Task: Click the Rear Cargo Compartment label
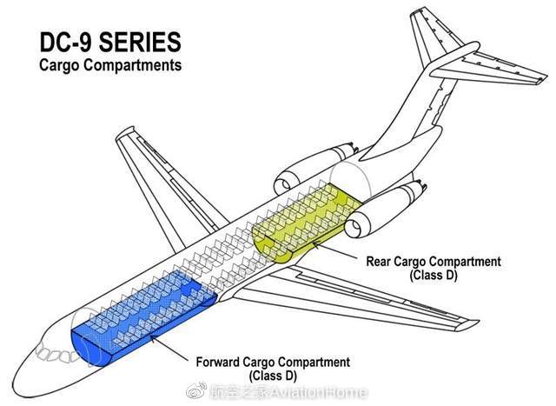point(433,262)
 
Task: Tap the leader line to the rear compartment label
point(339,250)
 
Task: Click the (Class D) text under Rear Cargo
point(433,275)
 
